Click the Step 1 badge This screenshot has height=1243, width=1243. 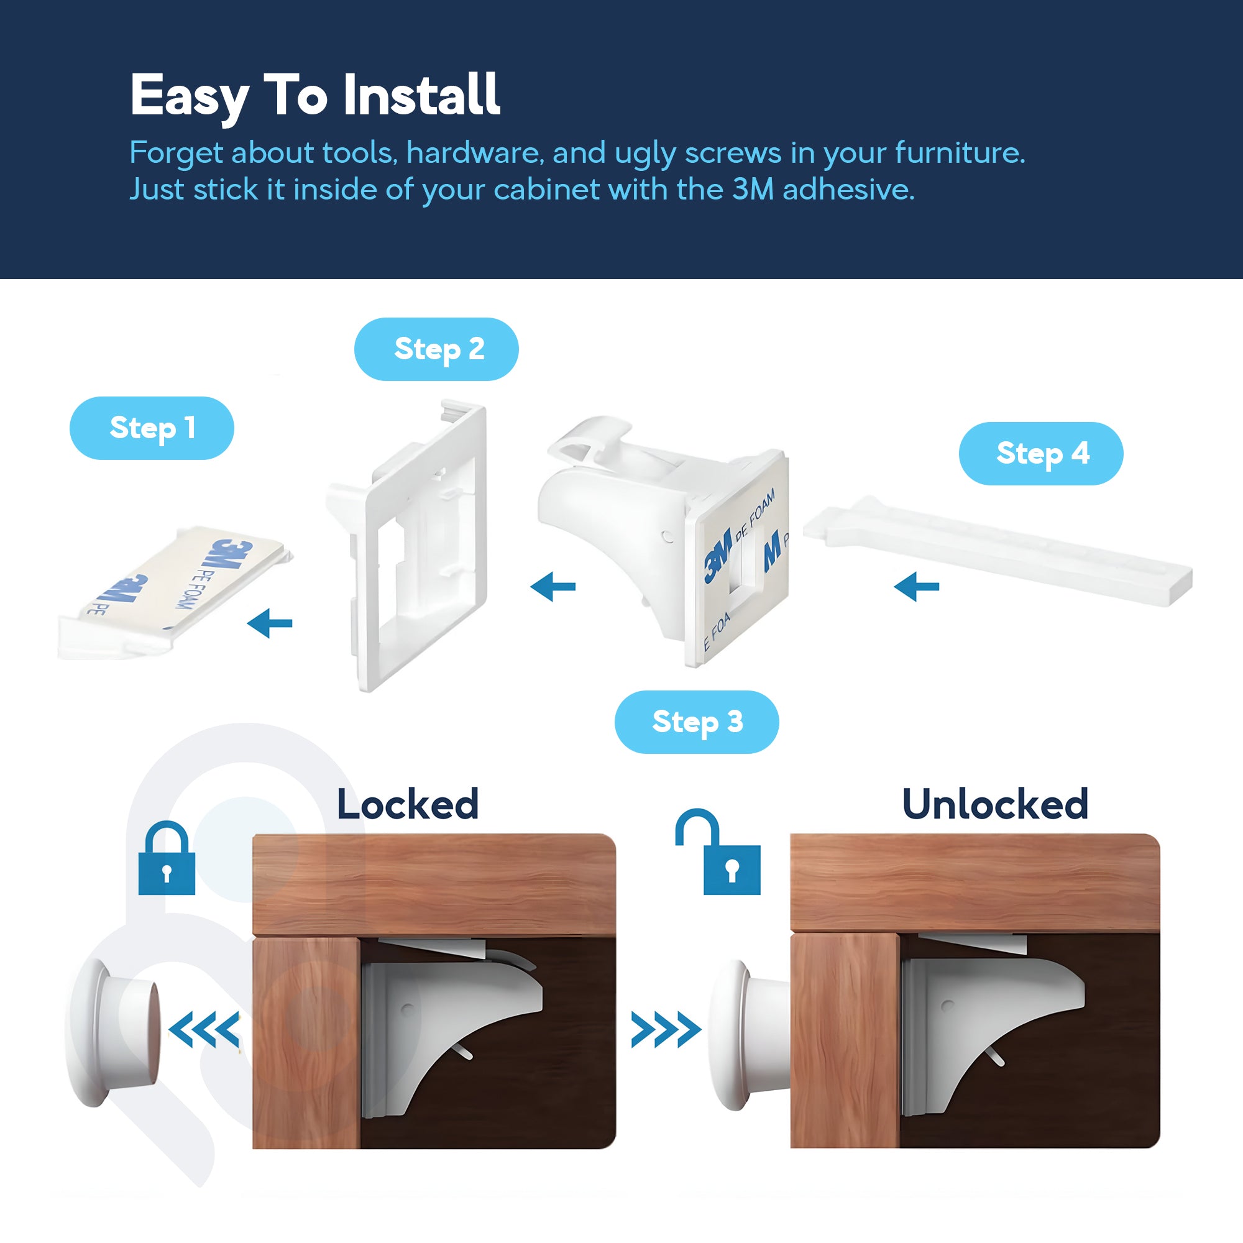152,428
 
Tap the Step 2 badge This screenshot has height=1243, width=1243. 436,349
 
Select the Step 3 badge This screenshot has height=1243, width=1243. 697,722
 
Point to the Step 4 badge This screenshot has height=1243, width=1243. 1040,454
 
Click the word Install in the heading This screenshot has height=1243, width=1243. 421,95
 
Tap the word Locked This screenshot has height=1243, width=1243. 408,805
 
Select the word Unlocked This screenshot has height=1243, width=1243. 994,805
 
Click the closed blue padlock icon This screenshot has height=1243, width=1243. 167,860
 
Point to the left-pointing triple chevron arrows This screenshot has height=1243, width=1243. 204,1029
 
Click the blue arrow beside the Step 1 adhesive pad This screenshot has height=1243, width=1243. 270,623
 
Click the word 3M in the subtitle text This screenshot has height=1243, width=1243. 753,189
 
